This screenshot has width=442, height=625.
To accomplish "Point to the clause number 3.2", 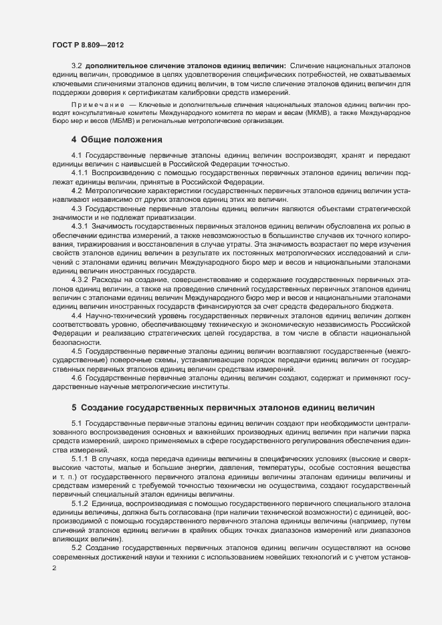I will [76, 66].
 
